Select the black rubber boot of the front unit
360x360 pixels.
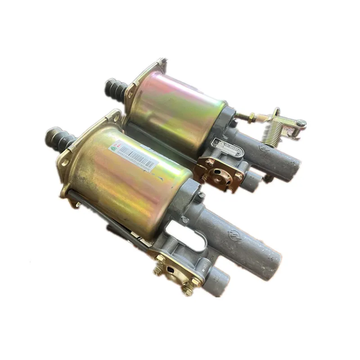click(61, 137)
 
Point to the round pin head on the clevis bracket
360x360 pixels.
click(301, 123)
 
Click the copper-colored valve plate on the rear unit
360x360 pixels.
click(220, 173)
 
